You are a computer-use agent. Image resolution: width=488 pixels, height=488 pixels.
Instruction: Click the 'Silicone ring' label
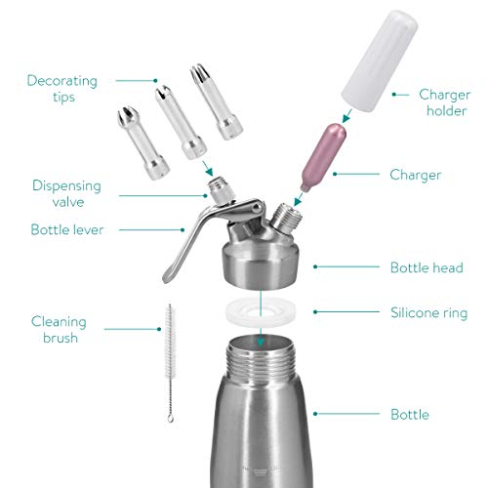click(x=432, y=313)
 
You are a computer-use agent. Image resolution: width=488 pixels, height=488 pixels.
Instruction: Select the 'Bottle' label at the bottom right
click(x=409, y=415)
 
